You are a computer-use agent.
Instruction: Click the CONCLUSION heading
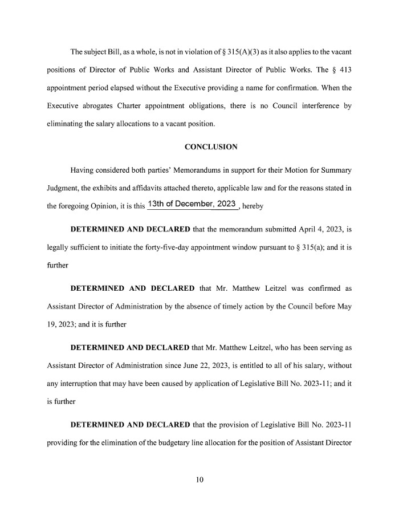coord(211,147)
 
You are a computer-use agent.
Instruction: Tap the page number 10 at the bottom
coord(199,480)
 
